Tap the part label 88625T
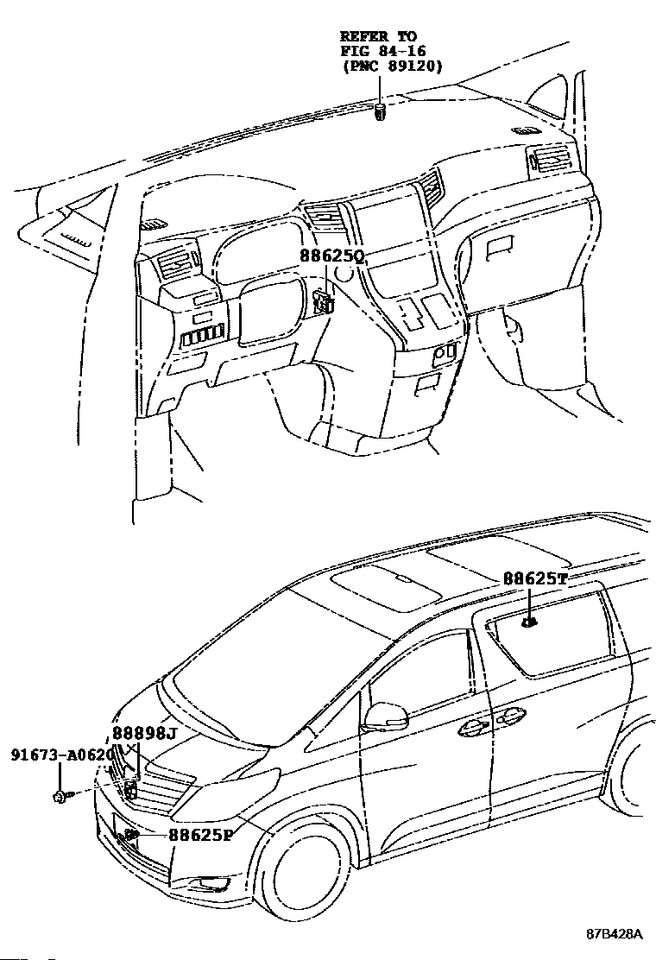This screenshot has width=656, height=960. tap(535, 579)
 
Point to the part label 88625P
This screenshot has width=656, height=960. tap(201, 835)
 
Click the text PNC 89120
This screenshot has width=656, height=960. tap(392, 65)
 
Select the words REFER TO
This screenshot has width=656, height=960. tap(378, 35)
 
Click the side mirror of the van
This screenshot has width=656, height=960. tap(386, 715)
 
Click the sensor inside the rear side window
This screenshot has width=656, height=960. tap(531, 622)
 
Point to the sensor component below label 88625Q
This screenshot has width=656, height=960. tap(325, 300)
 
